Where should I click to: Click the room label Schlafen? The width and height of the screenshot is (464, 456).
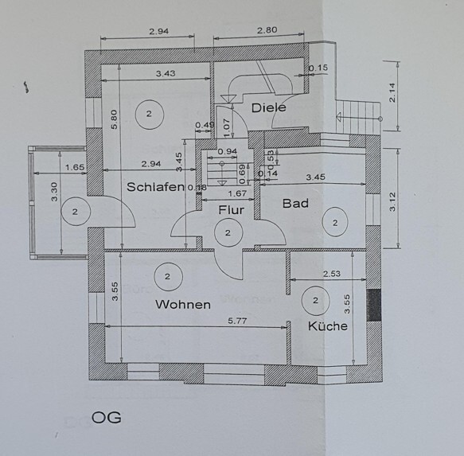tap(155, 187)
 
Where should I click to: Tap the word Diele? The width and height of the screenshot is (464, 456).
tap(269, 107)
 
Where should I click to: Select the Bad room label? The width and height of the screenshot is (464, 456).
tap(295, 203)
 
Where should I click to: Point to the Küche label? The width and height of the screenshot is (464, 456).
tap(328, 325)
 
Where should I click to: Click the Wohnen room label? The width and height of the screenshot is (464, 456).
tap(183, 305)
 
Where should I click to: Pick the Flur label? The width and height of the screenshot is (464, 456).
tap(231, 210)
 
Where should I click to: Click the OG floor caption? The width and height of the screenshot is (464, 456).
tap(106, 418)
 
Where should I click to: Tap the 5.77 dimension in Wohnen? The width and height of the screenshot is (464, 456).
tap(237, 321)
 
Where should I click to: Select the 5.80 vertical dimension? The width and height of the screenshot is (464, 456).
tap(115, 119)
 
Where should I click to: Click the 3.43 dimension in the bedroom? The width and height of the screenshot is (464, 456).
tap(166, 73)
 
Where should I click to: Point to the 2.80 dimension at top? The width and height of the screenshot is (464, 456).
tap(267, 30)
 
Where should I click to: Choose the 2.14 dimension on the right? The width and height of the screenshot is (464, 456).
tap(392, 92)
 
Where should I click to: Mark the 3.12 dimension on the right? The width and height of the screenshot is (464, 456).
tap(392, 202)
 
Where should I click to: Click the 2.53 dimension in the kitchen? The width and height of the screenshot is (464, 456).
tap(331, 274)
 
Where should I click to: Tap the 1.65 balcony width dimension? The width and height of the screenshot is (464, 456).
tap(75, 167)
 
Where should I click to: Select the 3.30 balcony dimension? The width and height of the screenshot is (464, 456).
tap(54, 192)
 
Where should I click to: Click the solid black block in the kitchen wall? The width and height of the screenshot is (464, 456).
tap(373, 305)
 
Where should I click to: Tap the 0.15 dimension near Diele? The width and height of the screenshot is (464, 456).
tap(318, 68)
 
